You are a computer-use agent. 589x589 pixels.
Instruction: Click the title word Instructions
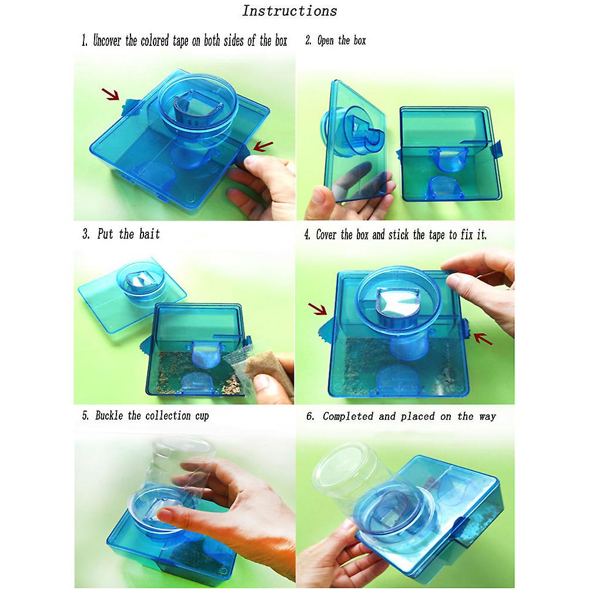tap(290, 11)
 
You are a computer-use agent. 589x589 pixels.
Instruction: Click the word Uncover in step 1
tap(107, 41)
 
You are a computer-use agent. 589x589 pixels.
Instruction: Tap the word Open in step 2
tap(325, 41)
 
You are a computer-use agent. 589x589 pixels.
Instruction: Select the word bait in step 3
tap(149, 234)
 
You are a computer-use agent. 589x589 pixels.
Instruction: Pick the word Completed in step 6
tap(348, 416)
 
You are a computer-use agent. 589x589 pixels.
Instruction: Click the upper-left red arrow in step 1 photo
tap(111, 94)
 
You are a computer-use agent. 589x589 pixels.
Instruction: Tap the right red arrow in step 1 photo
tap(263, 146)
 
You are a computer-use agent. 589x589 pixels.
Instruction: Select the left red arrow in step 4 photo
tap(317, 309)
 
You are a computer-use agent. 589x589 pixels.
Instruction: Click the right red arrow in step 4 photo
tap(483, 339)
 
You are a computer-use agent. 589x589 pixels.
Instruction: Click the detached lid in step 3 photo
tap(132, 293)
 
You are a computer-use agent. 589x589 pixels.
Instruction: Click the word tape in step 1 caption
tap(180, 41)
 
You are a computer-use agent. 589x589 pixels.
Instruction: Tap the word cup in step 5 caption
tap(202, 416)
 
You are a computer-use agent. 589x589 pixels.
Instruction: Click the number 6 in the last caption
tap(310, 416)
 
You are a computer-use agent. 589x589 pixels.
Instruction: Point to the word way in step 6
tap(487, 417)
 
